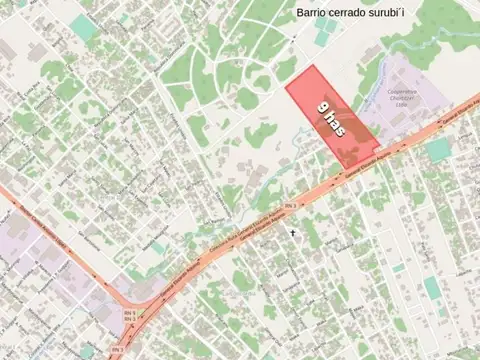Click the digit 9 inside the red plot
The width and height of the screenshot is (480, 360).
[323, 107]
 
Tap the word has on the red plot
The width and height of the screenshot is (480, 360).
[336, 127]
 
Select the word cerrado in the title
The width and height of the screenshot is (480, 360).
[362, 13]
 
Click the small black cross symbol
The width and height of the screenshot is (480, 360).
[293, 232]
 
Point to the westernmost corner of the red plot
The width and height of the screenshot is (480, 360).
[286, 87]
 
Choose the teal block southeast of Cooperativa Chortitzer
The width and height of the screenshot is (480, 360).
[438, 150]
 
